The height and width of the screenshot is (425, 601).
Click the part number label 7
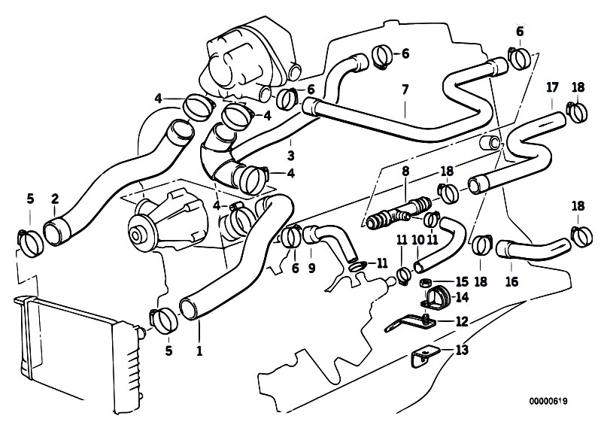(405, 90)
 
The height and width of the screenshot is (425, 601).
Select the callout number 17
(552, 88)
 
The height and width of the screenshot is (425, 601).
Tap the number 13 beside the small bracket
(463, 350)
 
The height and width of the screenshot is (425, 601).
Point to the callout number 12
(462, 321)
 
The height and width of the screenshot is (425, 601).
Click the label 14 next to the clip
(463, 297)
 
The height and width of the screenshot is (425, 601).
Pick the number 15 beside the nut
(462, 282)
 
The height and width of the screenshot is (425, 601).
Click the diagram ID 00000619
(548, 401)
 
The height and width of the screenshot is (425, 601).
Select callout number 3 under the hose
(290, 156)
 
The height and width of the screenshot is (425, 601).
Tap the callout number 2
(55, 199)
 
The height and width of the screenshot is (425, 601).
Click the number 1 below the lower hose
(199, 351)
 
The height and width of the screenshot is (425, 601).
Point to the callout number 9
(311, 269)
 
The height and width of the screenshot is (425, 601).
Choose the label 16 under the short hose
(511, 282)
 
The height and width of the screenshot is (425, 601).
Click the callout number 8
(405, 172)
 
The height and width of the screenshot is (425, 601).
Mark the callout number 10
(418, 240)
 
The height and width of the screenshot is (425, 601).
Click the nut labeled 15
(425, 284)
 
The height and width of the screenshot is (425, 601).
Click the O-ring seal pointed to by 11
(357, 266)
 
